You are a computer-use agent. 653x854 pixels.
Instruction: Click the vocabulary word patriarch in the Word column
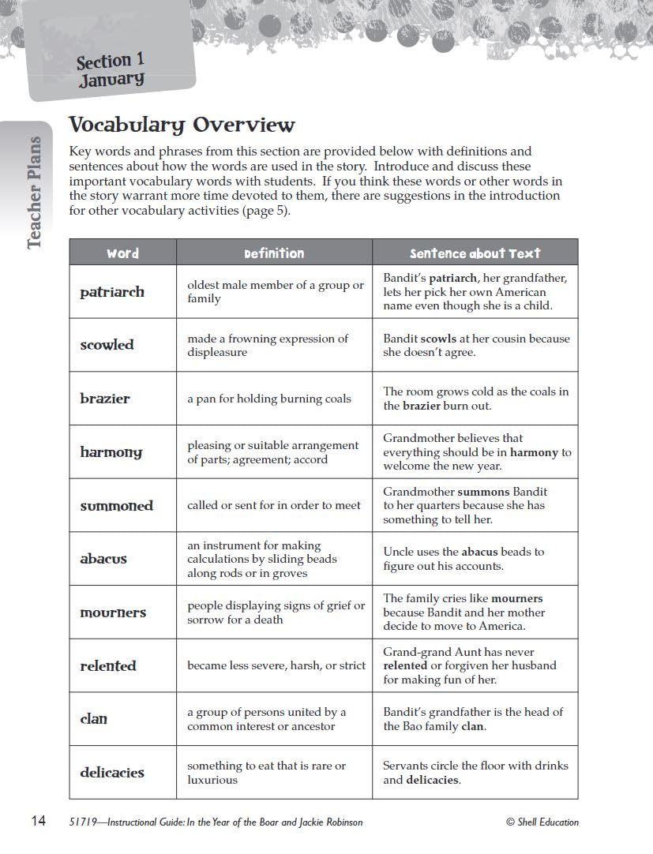click(x=112, y=292)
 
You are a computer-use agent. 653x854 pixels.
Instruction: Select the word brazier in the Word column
click(x=105, y=399)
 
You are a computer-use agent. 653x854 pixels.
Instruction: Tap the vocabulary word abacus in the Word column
click(x=103, y=559)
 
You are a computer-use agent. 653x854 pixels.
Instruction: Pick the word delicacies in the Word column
click(x=112, y=773)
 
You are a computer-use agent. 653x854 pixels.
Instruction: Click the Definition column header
click(x=274, y=253)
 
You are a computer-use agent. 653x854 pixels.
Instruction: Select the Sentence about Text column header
click(x=475, y=253)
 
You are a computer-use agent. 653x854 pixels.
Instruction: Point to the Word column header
click(x=122, y=253)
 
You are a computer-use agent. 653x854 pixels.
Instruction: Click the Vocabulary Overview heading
click(x=182, y=125)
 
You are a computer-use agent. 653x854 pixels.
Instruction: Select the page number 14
click(x=38, y=822)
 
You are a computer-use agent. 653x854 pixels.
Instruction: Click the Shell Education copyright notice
click(x=542, y=822)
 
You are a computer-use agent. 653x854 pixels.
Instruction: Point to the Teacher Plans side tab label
click(x=34, y=193)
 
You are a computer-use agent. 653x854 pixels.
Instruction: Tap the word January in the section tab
click(x=111, y=79)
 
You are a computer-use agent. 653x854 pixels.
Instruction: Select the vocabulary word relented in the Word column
click(x=108, y=666)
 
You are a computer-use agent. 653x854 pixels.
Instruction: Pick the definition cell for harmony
click(x=272, y=452)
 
